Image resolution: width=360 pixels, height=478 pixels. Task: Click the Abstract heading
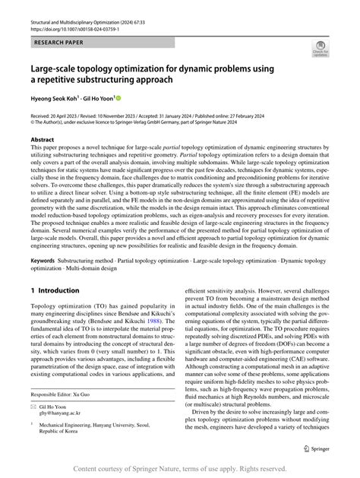coord(43,141)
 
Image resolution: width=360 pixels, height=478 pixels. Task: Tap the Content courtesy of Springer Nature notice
coord(180,470)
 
